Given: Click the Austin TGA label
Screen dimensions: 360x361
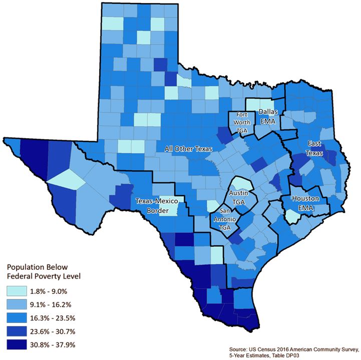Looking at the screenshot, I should tap(236, 197).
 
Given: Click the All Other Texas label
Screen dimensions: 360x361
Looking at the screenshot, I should tap(189, 149).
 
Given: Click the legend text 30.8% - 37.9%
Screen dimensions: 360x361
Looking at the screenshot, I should tap(63, 344).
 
